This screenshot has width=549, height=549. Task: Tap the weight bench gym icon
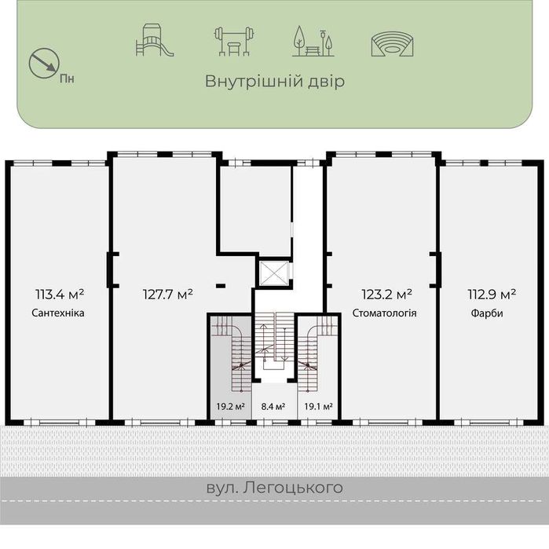(x=234, y=41)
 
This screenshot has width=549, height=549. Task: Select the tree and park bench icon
(x=312, y=41)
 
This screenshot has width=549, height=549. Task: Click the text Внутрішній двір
(x=275, y=82)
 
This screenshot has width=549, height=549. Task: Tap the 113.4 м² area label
(x=60, y=295)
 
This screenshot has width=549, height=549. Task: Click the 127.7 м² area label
(x=167, y=295)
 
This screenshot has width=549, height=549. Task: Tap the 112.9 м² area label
(x=491, y=295)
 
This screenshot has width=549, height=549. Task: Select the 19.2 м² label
(x=231, y=407)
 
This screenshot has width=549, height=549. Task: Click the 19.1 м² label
(x=317, y=407)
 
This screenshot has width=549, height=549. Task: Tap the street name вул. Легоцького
(x=275, y=488)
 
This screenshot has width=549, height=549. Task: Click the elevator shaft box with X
(x=274, y=273)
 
